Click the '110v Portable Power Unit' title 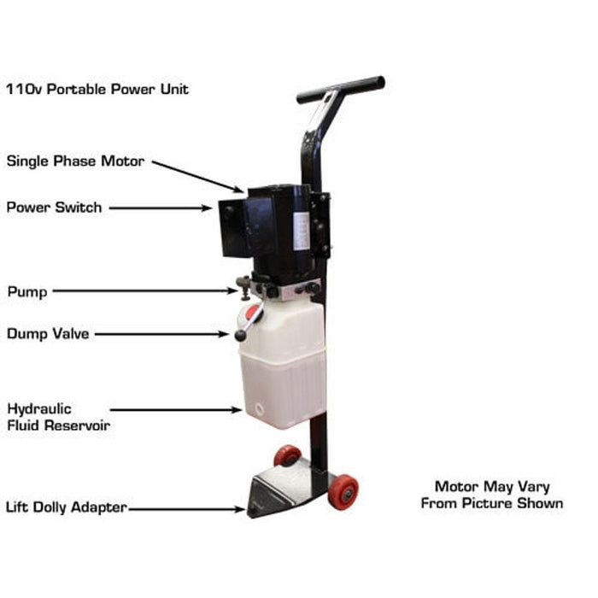[97, 89]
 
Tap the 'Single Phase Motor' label [75, 161]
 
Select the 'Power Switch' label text [54, 208]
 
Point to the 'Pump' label [27, 292]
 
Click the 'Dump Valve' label [48, 334]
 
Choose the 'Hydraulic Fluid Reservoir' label [59, 417]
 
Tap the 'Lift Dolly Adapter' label [67, 507]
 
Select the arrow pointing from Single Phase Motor [198, 177]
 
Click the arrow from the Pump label [145, 290]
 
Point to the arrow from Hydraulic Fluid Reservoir [176, 410]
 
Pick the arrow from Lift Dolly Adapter [187, 509]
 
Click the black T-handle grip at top [341, 90]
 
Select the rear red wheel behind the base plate [288, 455]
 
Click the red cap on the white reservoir [253, 312]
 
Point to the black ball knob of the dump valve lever [241, 335]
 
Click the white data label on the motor [302, 232]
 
